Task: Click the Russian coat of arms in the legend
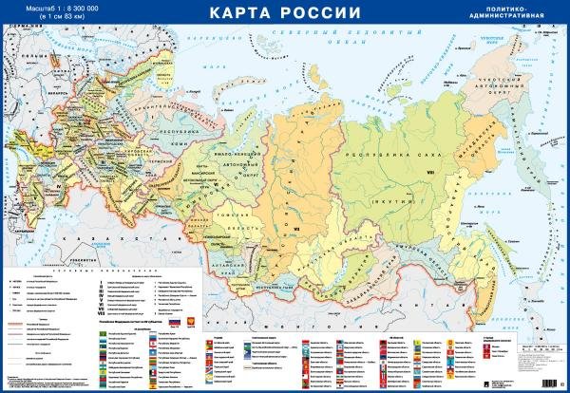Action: point(187,322)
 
